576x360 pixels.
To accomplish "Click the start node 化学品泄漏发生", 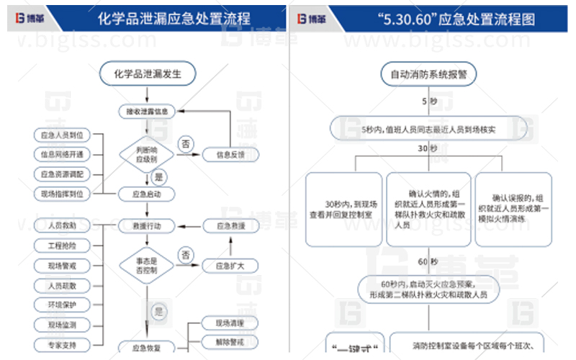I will [148, 73].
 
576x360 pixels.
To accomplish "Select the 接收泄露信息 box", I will [147, 112].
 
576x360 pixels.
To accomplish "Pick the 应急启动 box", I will [147, 194].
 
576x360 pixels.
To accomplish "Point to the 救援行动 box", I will [147, 227].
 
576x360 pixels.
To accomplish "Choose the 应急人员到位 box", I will [62, 135].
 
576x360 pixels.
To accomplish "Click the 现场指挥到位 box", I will [62, 194].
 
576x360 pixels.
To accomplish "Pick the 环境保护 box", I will [62, 305].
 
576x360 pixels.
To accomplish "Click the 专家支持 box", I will [62, 345].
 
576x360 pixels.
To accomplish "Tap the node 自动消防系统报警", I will [428, 73].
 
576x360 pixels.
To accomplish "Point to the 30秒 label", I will [428, 149].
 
